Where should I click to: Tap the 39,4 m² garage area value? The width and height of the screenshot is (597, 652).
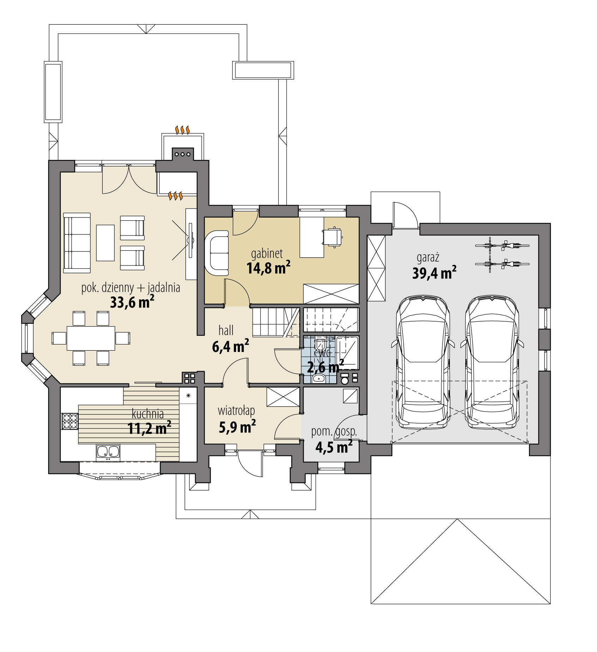[434, 273]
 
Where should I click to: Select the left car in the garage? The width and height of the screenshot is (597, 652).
[423, 362]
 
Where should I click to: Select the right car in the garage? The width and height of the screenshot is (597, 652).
[492, 362]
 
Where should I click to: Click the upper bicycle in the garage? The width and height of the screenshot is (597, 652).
[502, 246]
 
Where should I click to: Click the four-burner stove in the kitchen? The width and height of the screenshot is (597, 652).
[70, 421]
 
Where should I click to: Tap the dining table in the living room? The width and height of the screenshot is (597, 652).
[91, 338]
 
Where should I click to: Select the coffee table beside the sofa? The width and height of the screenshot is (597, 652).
[105, 243]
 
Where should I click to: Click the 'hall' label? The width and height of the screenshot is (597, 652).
[226, 331]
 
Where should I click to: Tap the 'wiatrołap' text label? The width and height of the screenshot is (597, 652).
[236, 411]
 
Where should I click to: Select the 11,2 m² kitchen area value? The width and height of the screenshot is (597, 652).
[149, 428]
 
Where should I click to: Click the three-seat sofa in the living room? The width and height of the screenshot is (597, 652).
[77, 243]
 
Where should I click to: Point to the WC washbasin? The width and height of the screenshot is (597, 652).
[319, 379]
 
